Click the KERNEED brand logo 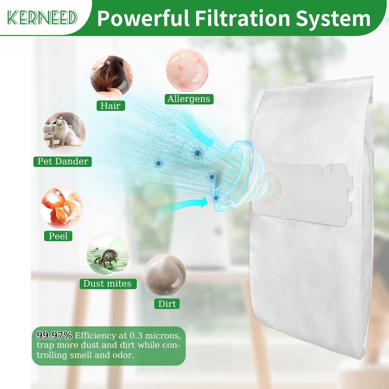click(x=42, y=18)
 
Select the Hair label click(x=111, y=106)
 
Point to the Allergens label click(x=189, y=99)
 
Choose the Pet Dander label click(x=63, y=161)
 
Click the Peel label click(x=58, y=236)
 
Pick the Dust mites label click(x=108, y=284)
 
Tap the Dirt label click(x=167, y=304)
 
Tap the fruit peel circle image click(x=61, y=207)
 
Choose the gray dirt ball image click(x=164, y=275)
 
